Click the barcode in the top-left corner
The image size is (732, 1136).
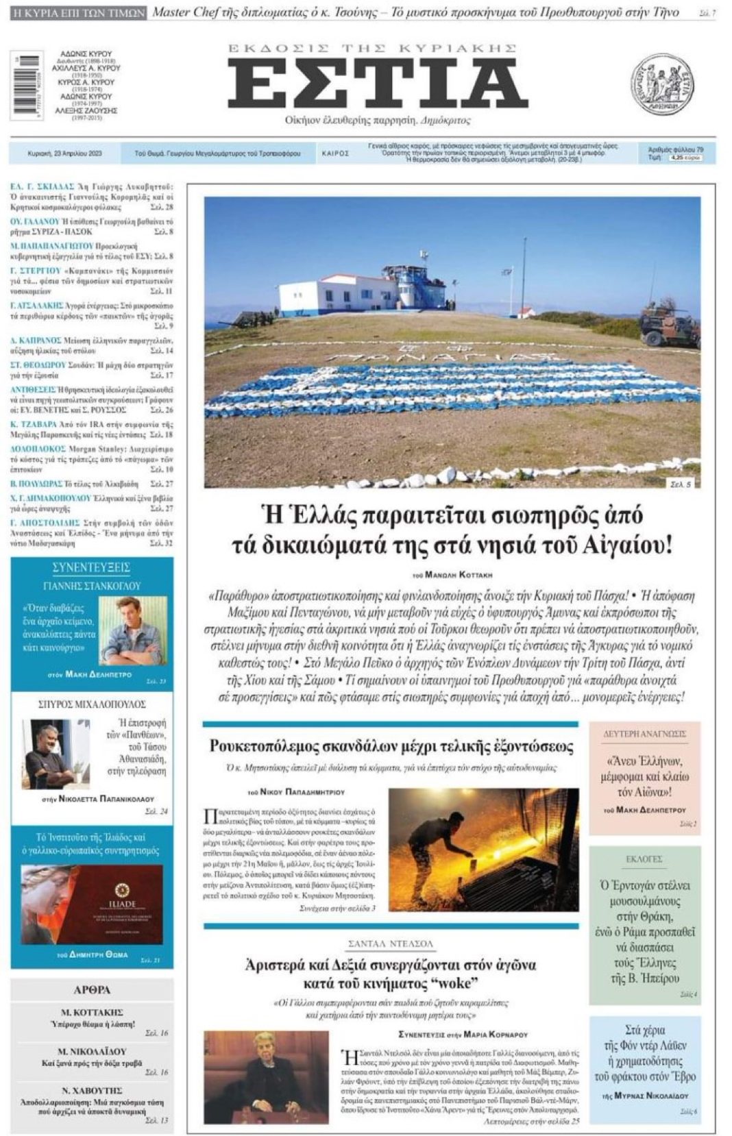[x=27, y=85]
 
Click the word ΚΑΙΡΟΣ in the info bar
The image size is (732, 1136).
[x=335, y=153]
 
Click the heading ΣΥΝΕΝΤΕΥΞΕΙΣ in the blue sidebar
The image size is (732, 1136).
[x=91, y=567]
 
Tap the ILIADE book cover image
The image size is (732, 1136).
[x=91, y=904]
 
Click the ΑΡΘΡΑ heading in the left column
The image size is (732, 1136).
[x=92, y=989]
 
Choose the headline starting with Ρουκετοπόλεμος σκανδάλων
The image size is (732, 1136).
[x=391, y=745]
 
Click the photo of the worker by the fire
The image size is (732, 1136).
[x=483, y=850]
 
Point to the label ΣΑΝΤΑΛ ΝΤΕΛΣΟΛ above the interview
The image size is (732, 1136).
[x=391, y=943]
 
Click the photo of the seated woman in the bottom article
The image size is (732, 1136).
[x=266, y=1076]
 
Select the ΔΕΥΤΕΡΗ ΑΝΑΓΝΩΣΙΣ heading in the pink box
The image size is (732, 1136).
[x=644, y=734]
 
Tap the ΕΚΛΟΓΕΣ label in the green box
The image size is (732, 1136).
[x=644, y=859]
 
